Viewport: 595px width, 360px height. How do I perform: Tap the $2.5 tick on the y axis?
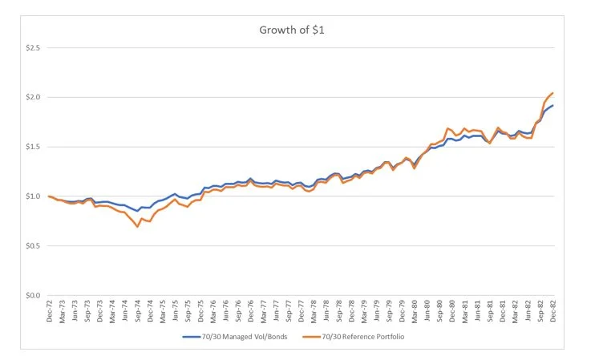(31, 48)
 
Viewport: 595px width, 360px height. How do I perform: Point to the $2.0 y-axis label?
(31, 98)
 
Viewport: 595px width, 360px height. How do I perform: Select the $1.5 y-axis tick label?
(31, 147)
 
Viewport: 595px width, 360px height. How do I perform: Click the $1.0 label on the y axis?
(31, 196)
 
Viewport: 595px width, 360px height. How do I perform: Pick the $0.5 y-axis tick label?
(31, 246)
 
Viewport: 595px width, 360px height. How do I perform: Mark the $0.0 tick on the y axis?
(31, 295)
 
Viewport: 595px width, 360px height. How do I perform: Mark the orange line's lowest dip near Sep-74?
(137, 227)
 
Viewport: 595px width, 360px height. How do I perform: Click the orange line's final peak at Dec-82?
(552, 93)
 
